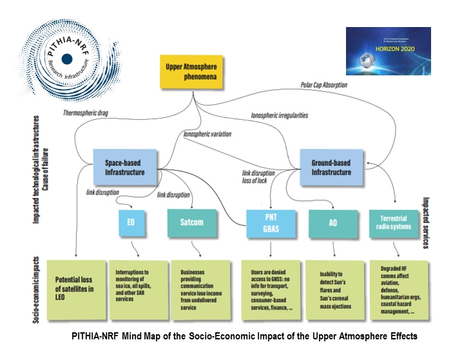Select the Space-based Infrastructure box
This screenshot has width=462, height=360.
126,167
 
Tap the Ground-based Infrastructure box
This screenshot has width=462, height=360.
332,167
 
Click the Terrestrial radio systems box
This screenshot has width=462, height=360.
392,223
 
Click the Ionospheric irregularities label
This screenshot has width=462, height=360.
279,115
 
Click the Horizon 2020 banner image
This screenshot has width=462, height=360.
388,51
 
